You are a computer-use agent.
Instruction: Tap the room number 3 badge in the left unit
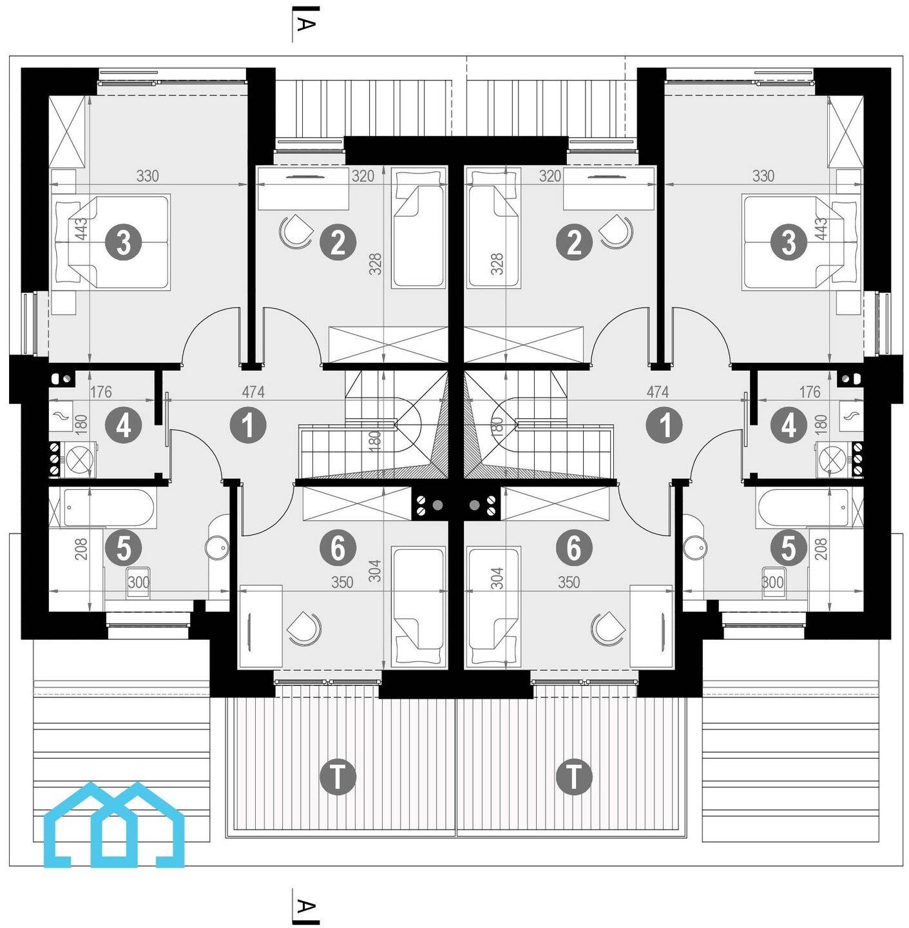[124, 243]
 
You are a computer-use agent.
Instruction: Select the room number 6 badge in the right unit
[574, 548]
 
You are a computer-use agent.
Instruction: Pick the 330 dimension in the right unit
[763, 177]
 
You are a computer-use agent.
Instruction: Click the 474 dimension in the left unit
[253, 392]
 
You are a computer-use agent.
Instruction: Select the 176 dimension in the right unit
[810, 392]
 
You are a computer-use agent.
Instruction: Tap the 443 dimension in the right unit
[821, 229]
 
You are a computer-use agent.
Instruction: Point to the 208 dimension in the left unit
[81, 549]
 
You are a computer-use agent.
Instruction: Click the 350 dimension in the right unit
[569, 583]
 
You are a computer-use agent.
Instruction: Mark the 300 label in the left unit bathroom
[139, 583]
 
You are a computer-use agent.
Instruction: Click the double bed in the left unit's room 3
[113, 242]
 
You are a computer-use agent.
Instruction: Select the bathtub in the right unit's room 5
[803, 508]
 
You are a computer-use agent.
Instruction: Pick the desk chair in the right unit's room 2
[617, 232]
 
